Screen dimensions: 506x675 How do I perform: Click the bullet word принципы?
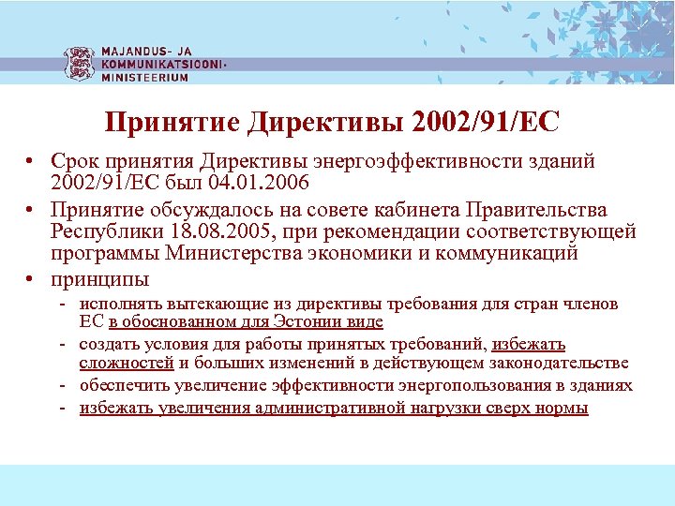[x=99, y=279]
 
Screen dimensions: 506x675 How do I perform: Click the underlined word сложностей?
[x=127, y=364]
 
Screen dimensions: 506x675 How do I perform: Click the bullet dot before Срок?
[x=31, y=161]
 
